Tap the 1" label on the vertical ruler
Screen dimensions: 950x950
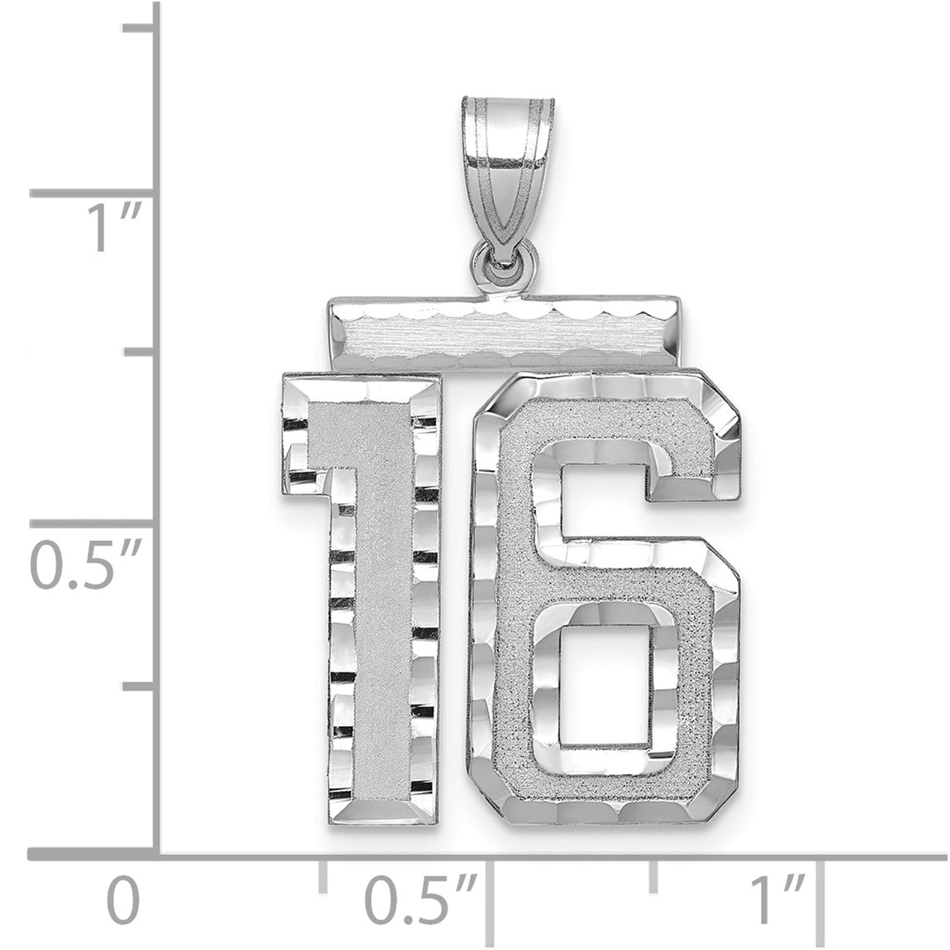115,228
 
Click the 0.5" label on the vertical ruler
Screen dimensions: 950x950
86,565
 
